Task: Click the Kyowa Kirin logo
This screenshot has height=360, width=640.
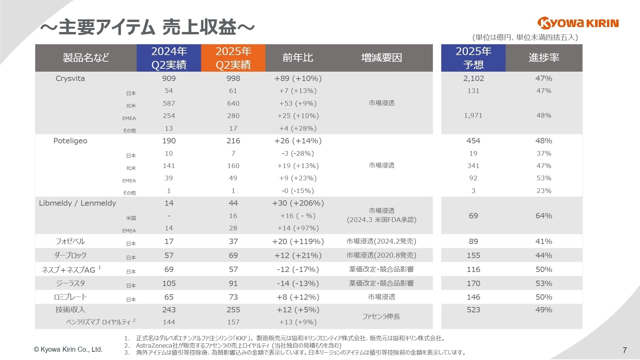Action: point(578,23)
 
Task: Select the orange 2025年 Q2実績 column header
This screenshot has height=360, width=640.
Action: point(233,58)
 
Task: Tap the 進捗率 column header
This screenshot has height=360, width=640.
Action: point(544,58)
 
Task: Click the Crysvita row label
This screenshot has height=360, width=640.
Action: point(70,79)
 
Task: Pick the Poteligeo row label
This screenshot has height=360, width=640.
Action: point(70,141)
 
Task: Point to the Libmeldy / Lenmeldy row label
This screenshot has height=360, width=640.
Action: point(77,203)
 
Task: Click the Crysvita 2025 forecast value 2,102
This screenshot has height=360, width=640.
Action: point(473,79)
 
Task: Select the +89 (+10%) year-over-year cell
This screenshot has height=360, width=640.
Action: point(298,79)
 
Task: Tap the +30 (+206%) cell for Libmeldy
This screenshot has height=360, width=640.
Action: point(298,203)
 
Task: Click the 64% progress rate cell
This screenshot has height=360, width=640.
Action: point(544,216)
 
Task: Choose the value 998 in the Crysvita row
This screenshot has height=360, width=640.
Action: point(233,79)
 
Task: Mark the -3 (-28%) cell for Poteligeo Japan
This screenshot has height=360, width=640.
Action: point(298,154)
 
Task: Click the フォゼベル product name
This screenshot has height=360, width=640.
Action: point(70,241)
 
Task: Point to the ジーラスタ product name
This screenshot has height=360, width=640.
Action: point(70,283)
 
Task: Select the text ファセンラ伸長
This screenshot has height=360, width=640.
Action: point(381,316)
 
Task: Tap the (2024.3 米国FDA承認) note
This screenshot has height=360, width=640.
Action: point(381,220)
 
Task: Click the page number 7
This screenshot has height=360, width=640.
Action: point(625,350)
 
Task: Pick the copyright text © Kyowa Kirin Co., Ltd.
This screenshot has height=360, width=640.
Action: point(68,350)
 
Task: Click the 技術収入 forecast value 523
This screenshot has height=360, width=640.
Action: point(473,310)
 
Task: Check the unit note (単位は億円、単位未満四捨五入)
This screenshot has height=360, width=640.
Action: point(525,37)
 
